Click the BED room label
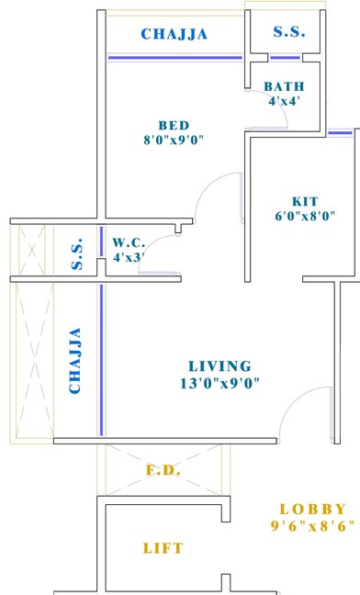(174, 126)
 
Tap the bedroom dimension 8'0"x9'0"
(174, 140)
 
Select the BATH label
(284, 86)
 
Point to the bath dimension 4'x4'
(284, 101)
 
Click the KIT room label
(306, 201)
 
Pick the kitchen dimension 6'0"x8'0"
(306, 217)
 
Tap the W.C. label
(127, 242)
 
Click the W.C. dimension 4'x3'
(128, 258)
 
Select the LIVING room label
(219, 365)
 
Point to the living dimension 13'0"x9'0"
(220, 383)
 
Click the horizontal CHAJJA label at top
(174, 35)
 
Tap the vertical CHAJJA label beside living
(75, 361)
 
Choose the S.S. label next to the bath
(289, 32)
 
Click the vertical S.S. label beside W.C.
(78, 254)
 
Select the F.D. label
(164, 471)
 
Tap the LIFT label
(163, 548)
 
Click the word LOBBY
(312, 509)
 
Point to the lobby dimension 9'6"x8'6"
(312, 526)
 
